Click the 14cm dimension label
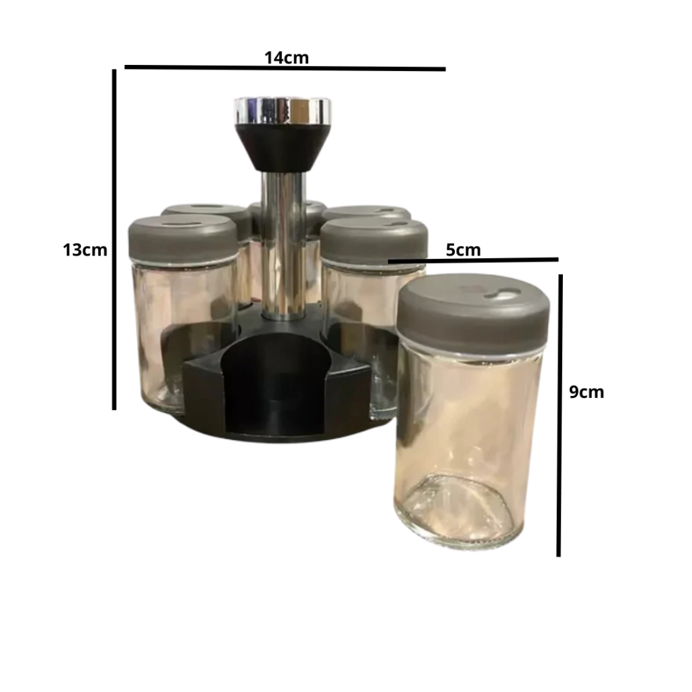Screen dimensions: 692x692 click(x=287, y=58)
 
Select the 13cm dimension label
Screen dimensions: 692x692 click(x=85, y=250)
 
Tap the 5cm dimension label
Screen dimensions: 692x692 click(x=463, y=250)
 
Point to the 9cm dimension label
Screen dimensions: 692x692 click(x=587, y=392)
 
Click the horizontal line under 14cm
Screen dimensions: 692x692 click(x=285, y=68)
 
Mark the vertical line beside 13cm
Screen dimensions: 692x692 click(x=114, y=240)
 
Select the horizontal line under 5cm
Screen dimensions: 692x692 click(x=473, y=260)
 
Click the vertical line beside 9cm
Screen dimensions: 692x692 click(x=560, y=416)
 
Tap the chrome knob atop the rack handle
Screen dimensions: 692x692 click(x=282, y=110)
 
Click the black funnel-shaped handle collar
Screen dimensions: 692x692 click(x=282, y=147)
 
